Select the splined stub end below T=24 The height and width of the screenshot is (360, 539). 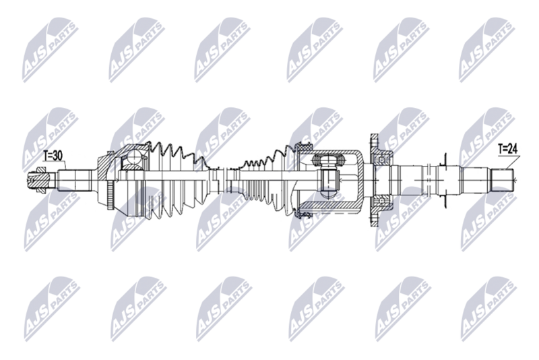coord(502,180)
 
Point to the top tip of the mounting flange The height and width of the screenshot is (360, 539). coord(372,137)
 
